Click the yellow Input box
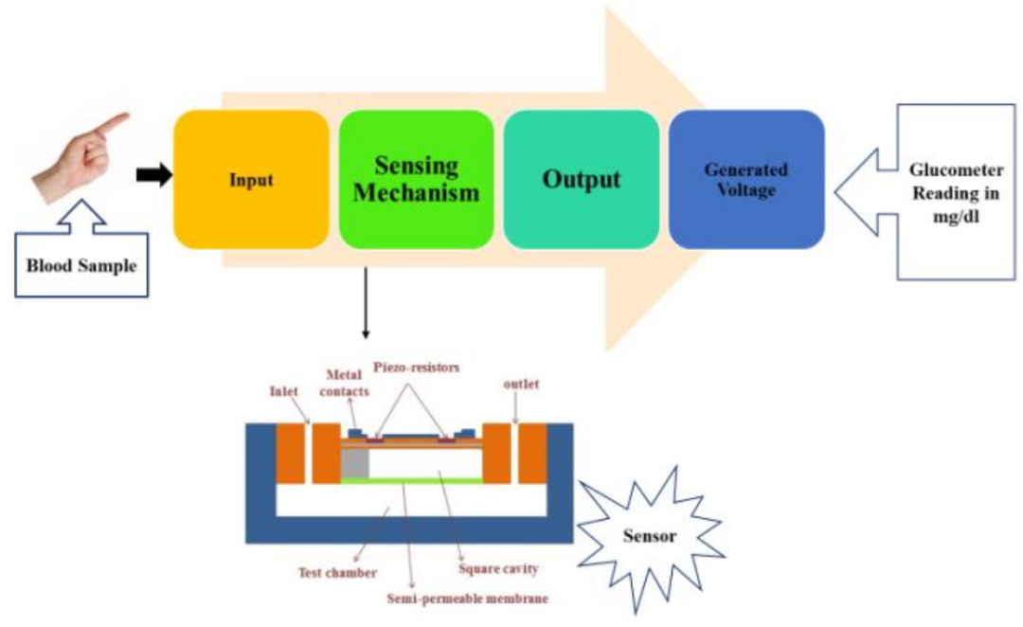point(251,179)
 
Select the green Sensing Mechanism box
point(416,179)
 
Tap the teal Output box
point(582,179)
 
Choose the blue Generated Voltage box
point(746,179)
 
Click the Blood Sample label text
point(81,266)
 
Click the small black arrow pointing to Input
point(154,175)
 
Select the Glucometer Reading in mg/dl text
point(956,193)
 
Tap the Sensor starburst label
point(649,536)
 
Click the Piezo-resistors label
point(416,367)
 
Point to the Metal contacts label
point(344,383)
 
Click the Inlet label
point(284,391)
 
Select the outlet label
point(521,385)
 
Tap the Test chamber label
point(337,573)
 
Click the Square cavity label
point(498,569)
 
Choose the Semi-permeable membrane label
point(467,599)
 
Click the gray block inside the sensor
point(355,463)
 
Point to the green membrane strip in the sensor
point(412,481)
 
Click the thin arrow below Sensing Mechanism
point(366,303)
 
